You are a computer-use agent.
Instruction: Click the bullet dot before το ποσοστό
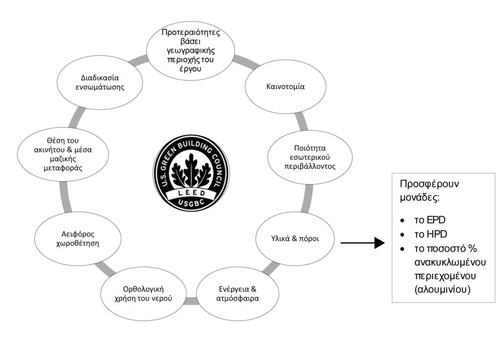[x=402, y=249]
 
